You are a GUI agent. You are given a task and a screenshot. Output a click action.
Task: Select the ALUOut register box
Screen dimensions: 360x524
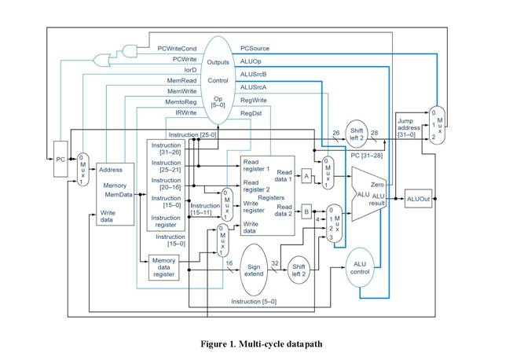419,199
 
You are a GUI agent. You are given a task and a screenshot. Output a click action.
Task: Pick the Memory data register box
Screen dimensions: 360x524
163,267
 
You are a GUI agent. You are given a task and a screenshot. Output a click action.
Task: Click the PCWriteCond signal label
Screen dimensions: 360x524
177,48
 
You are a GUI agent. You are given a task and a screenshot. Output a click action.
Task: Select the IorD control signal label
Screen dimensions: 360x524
190,69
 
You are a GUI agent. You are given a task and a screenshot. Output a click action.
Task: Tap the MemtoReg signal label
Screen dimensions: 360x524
181,102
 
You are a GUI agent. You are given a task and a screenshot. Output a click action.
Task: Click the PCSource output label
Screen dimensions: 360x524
255,48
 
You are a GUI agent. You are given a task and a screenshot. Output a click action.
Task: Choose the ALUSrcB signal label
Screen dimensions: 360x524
254,75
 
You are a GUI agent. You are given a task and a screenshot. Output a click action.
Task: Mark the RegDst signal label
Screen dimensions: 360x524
252,112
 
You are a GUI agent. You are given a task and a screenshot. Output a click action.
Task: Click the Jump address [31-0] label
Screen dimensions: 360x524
409,127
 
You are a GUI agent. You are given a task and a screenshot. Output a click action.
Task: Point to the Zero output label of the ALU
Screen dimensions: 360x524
377,183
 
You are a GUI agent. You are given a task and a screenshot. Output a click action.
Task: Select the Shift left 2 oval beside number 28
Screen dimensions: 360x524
358,133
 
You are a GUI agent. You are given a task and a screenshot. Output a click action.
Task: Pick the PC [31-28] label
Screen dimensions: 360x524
366,155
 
